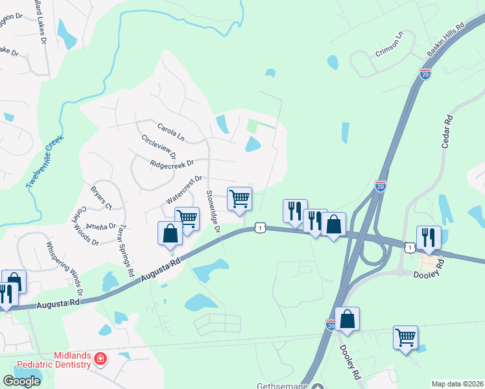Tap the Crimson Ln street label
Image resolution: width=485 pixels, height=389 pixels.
[x=388, y=44]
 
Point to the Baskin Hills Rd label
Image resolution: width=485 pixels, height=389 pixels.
[x=447, y=40]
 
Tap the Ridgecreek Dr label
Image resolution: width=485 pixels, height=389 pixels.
[x=172, y=164]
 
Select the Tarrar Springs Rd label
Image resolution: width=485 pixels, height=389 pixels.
[x=126, y=247]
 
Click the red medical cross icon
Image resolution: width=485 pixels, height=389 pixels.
[x=100, y=358]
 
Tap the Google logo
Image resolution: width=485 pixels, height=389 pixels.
[x=21, y=381]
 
